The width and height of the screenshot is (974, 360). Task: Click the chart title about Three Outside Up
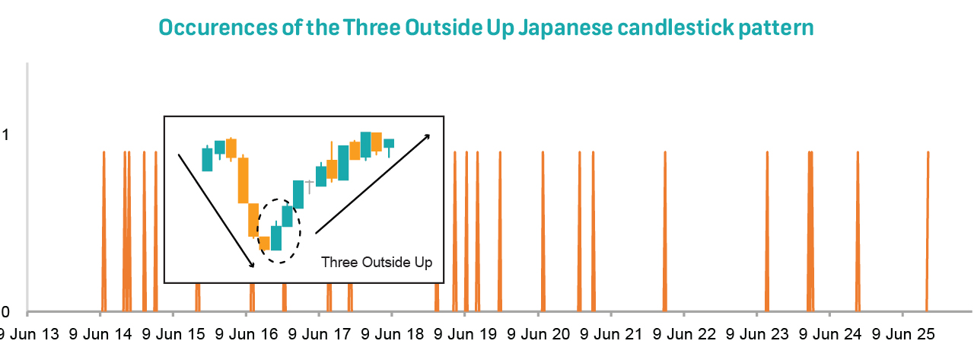pyautogui.click(x=487, y=28)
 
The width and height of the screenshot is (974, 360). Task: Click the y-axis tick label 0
pyautogui.click(x=5, y=312)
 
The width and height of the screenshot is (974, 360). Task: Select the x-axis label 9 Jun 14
pyautogui.click(x=100, y=334)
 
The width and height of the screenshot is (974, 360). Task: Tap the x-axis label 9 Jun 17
pyautogui.click(x=319, y=334)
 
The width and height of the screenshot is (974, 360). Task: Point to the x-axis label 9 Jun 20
pyautogui.click(x=538, y=334)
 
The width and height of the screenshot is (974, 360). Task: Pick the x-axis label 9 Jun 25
pyautogui.click(x=902, y=334)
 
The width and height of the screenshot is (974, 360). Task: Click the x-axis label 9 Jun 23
pyautogui.click(x=757, y=334)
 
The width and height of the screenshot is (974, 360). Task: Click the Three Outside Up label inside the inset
pyautogui.click(x=377, y=263)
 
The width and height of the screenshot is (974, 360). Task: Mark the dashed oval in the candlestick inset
pyautogui.click(x=280, y=231)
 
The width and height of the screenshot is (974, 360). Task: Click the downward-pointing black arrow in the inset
pyautogui.click(x=216, y=210)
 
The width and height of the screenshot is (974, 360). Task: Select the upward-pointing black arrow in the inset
pyautogui.click(x=372, y=183)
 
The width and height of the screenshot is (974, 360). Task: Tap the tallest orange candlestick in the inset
pyautogui.click(x=243, y=180)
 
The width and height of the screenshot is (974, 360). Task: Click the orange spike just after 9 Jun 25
pyautogui.click(x=928, y=228)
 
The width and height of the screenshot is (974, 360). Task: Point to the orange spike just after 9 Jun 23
pyautogui.click(x=767, y=228)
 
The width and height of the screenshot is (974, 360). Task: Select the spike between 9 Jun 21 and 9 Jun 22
pyautogui.click(x=664, y=228)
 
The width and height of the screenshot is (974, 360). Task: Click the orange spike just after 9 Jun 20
pyautogui.click(x=543, y=228)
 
